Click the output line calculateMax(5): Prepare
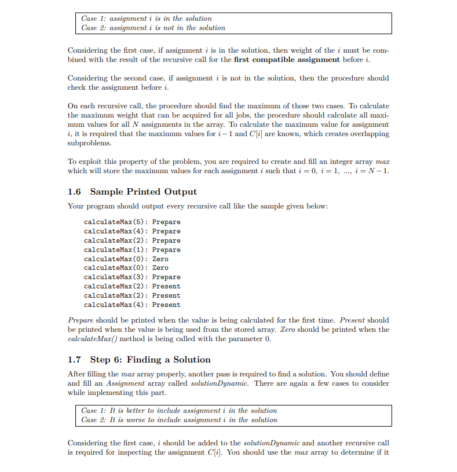click(132, 222)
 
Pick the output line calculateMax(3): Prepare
click(132, 277)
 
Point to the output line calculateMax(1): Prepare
click(132, 250)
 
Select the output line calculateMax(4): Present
click(132, 305)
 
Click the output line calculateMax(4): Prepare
click(132, 231)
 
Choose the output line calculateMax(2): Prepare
click(132, 240)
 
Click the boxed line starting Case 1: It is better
click(179, 411)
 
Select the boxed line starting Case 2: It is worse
click(179, 420)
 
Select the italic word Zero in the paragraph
click(288, 330)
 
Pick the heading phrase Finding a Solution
click(169, 360)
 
